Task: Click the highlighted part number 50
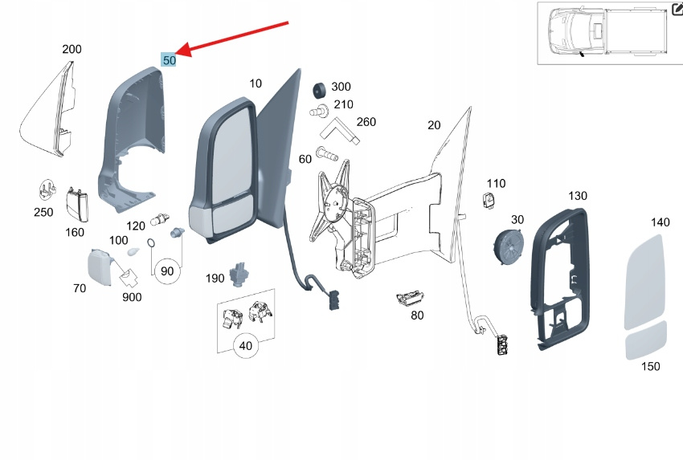(x=169, y=60)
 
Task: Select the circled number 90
(x=167, y=271)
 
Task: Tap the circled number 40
(x=246, y=345)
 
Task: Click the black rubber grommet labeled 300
(x=320, y=91)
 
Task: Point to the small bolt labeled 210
(x=319, y=111)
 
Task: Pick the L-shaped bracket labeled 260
(x=340, y=131)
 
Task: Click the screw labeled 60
(x=327, y=153)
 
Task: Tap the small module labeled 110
(x=489, y=200)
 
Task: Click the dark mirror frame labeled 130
(x=560, y=279)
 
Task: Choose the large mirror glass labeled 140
(x=644, y=283)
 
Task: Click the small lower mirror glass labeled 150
(x=646, y=340)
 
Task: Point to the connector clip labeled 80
(x=410, y=298)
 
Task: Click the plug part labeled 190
(x=239, y=275)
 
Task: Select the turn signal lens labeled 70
(x=100, y=267)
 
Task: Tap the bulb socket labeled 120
(x=160, y=220)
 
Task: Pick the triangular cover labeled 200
(x=48, y=110)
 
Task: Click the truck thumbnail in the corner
(x=607, y=33)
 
